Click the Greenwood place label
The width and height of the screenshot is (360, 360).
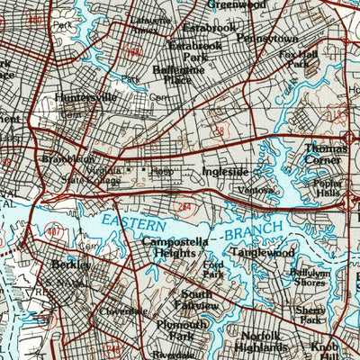point(237,4)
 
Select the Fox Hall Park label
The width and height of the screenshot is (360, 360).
point(299,58)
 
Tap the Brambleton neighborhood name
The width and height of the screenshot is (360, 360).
point(67,159)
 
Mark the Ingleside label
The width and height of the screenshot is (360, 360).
point(225,171)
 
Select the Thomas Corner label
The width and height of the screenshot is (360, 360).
point(325,154)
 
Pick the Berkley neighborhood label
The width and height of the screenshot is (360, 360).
point(71,265)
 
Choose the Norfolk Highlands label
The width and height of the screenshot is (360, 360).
point(265,343)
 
